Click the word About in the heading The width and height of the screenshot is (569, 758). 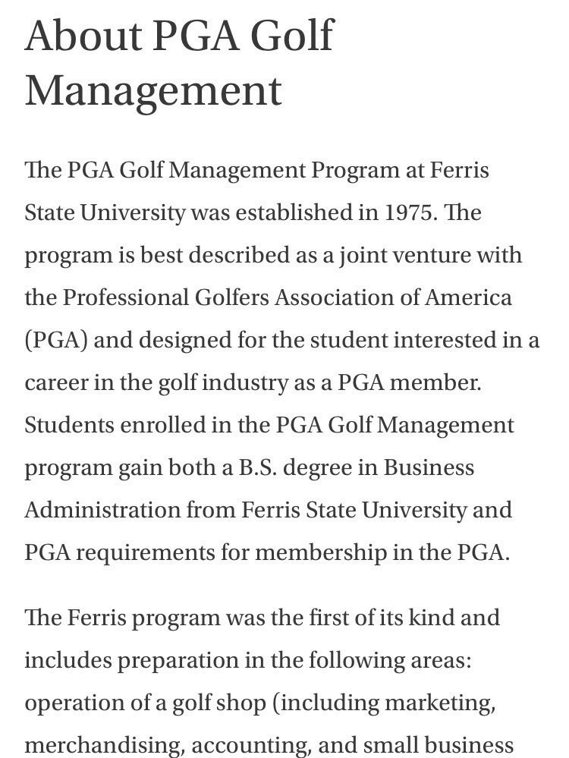click(83, 36)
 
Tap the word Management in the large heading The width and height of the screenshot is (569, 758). click(153, 90)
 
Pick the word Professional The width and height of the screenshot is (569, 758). click(125, 297)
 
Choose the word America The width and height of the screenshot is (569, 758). click(468, 297)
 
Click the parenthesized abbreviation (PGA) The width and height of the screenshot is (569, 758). click(56, 340)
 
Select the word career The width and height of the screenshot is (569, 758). click(55, 382)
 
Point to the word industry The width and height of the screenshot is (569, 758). click(244, 382)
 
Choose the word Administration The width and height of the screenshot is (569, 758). click(102, 510)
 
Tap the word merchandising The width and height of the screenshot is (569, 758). click(104, 745)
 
